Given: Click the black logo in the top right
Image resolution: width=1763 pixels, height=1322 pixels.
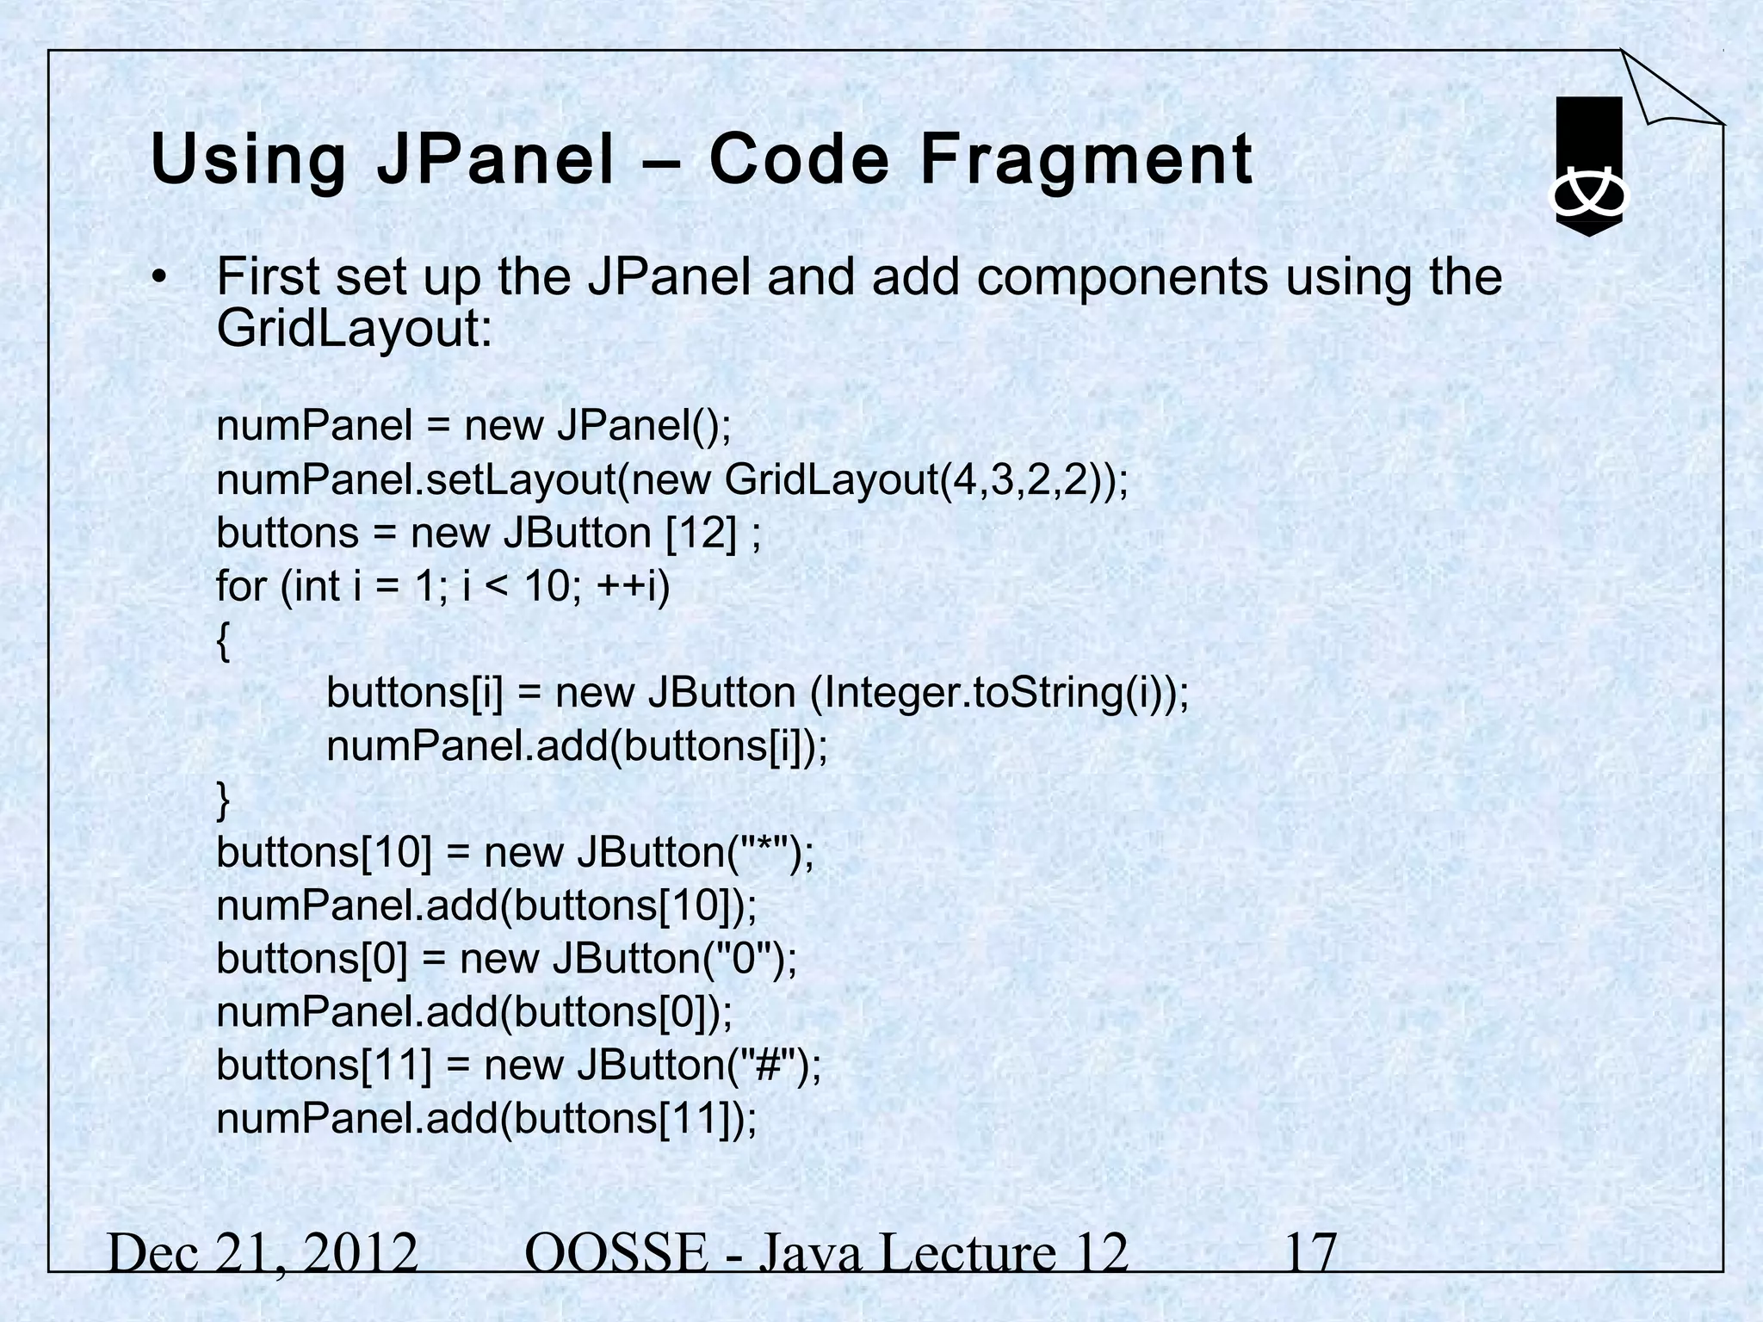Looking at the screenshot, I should [x=1589, y=166].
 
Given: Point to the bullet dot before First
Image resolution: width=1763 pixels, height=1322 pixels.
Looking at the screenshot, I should [x=158, y=279].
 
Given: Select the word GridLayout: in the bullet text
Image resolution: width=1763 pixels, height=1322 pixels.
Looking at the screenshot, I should [x=354, y=328].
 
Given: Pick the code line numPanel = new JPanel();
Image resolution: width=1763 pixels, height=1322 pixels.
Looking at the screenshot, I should [x=473, y=425].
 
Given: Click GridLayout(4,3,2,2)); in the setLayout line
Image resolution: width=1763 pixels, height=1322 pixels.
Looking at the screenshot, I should [x=925, y=479].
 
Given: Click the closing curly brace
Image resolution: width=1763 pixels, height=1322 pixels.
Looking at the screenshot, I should [x=224, y=800].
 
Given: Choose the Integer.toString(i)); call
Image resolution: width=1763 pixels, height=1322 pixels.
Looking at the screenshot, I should [x=999, y=693].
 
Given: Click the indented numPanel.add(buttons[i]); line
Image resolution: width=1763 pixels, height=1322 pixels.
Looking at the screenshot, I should [x=577, y=746].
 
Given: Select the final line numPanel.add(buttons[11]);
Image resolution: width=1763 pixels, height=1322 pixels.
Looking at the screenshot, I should [x=486, y=1118].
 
